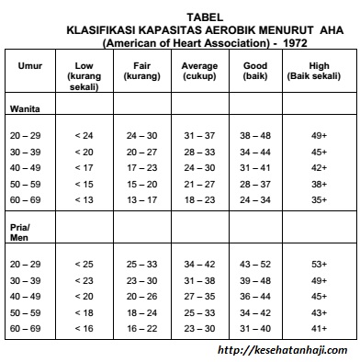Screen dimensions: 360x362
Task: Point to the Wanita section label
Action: (25, 109)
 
